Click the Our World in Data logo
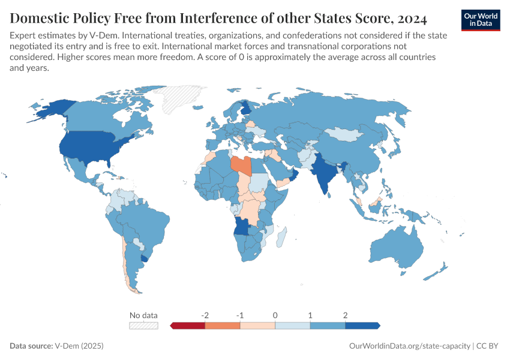click(x=480, y=20)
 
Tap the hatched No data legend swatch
click(x=143, y=326)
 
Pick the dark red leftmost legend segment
click(x=188, y=326)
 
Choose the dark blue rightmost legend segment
click(x=362, y=326)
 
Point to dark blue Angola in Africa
click(x=242, y=226)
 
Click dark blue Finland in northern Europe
click(x=245, y=109)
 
